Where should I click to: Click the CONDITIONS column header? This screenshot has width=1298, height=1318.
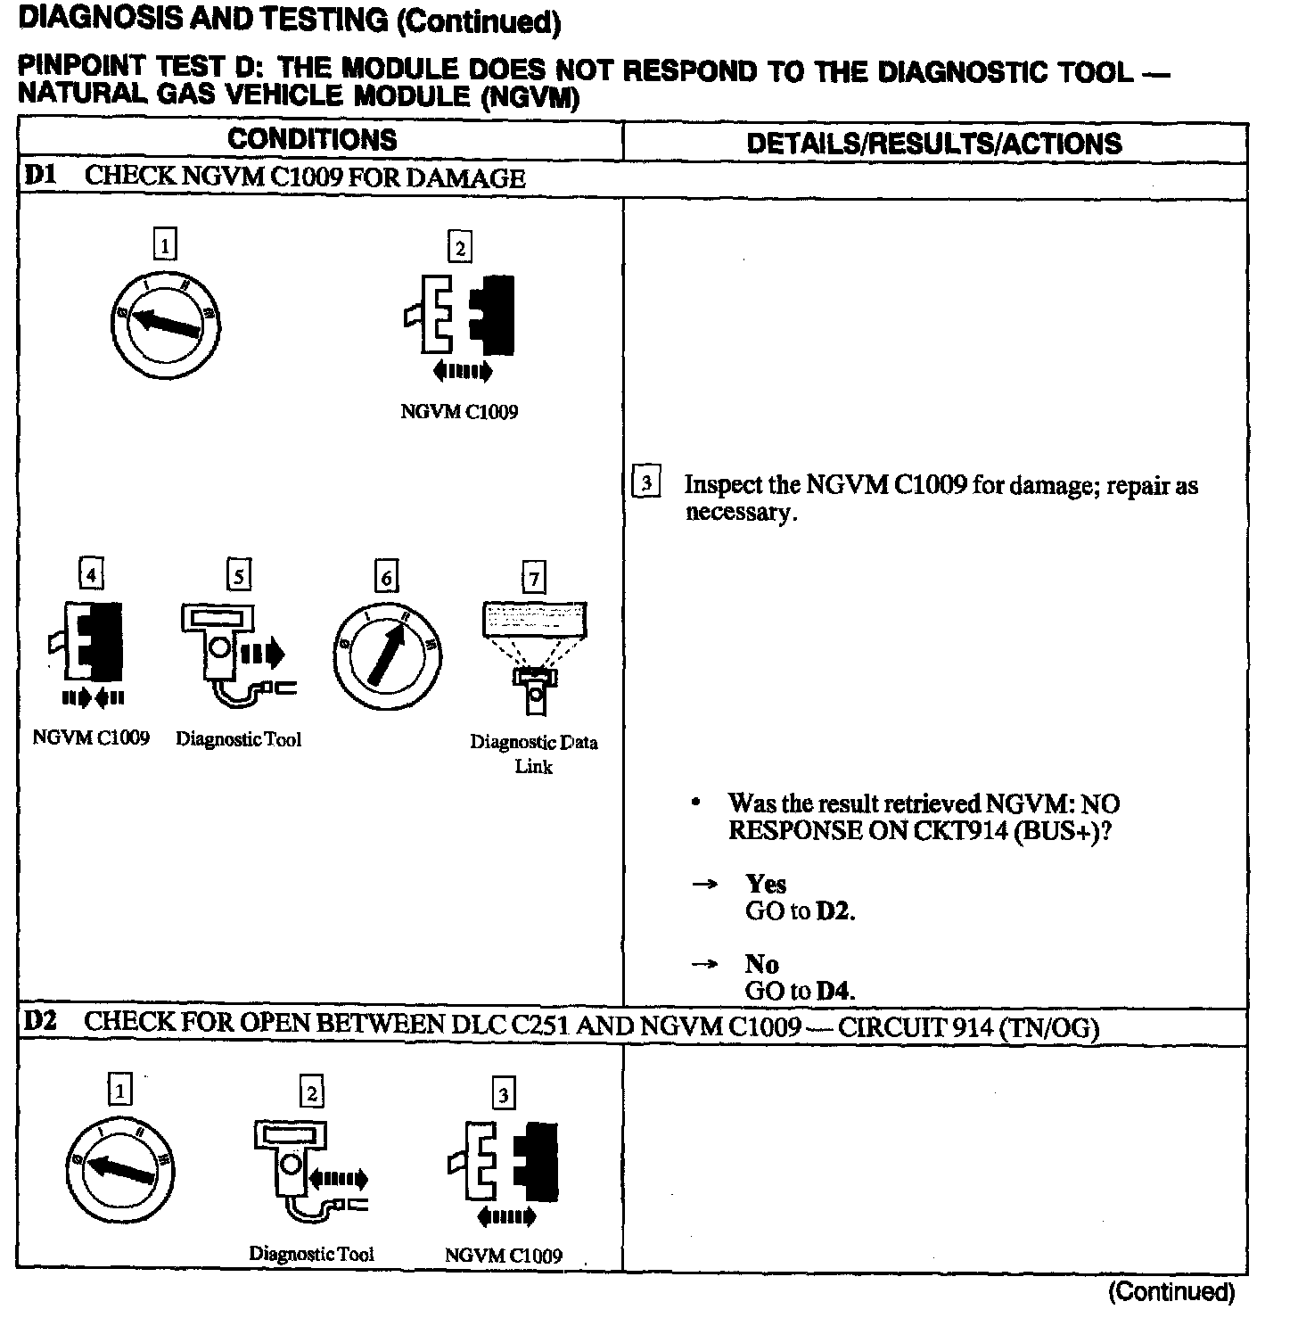click(312, 140)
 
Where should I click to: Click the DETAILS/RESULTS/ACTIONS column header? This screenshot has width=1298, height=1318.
click(933, 144)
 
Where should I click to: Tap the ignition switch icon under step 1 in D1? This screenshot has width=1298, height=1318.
click(166, 322)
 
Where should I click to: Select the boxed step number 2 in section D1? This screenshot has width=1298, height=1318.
click(459, 247)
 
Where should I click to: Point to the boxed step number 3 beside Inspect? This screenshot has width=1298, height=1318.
click(645, 482)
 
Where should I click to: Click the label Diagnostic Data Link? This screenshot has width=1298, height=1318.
click(534, 754)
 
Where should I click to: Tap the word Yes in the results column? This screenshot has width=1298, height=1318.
click(766, 884)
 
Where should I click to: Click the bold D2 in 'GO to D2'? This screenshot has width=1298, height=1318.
click(834, 911)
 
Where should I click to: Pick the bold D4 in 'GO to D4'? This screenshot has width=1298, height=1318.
click(834, 990)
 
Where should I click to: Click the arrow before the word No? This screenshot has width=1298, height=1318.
click(705, 964)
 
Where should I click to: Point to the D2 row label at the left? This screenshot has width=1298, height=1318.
click(39, 1022)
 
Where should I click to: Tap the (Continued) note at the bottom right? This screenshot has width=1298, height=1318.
click(1171, 1292)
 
